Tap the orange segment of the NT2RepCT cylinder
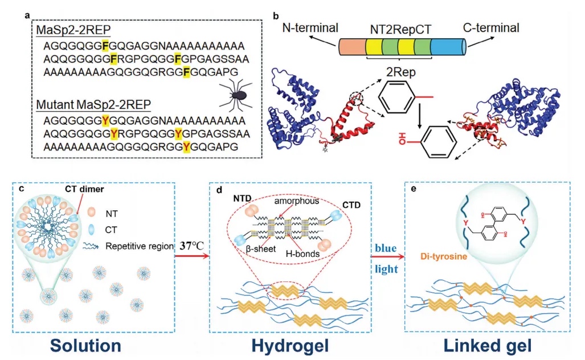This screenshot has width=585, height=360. [x=351, y=47]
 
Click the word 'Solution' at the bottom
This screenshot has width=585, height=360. [x=84, y=345]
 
